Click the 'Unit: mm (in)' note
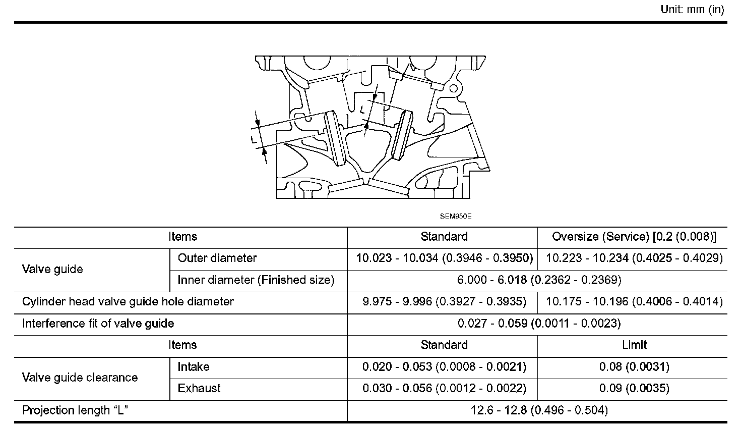point(692,10)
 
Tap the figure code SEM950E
point(455,216)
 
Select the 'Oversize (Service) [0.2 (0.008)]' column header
point(634,237)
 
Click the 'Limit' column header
point(634,345)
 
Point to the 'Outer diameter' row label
point(217,258)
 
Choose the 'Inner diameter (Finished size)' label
point(256,280)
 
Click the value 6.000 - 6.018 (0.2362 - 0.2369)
point(539,280)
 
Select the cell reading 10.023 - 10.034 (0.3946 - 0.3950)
point(444,258)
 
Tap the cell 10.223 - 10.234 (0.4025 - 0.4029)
point(634,258)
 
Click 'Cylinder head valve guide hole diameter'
point(128,302)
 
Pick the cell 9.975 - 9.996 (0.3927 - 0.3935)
point(444,302)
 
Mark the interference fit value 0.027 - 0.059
point(539,324)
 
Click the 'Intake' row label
point(194,367)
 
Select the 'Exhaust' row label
point(199,389)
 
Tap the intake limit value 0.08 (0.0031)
point(634,367)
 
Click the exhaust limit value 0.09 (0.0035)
point(634,389)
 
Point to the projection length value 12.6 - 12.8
point(539,410)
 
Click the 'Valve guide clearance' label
point(80,378)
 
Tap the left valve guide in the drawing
point(335,137)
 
